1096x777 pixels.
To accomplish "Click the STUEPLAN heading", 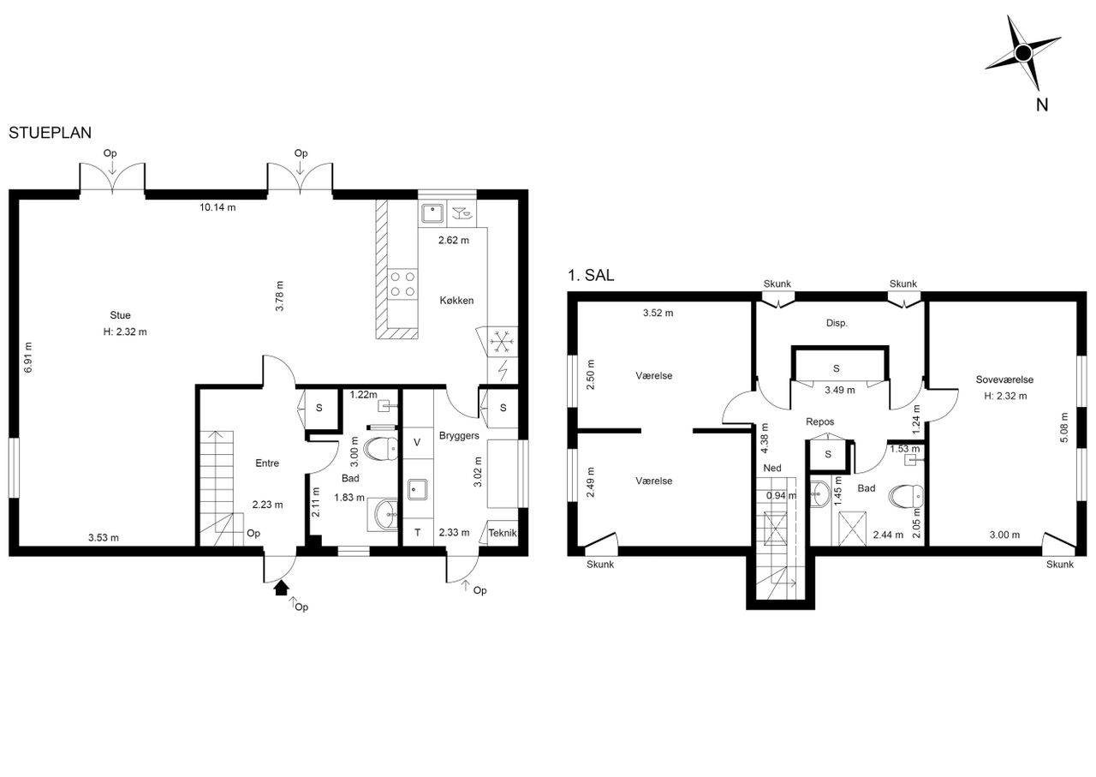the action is tap(50, 133).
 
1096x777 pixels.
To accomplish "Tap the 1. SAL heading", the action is tap(591, 275).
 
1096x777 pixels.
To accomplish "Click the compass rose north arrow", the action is tap(1022, 53).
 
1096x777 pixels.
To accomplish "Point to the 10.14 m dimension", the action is tap(217, 207).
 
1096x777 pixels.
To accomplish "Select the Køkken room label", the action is tap(456, 301).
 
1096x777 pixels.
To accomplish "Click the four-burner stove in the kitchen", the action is tap(402, 284).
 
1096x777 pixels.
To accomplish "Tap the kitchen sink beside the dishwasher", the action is tap(432, 213).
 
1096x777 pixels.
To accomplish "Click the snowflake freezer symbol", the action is tap(501, 341).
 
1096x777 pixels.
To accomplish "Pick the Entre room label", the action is tap(267, 463).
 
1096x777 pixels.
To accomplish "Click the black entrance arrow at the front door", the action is tap(282, 588).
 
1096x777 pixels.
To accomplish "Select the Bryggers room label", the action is tap(459, 436).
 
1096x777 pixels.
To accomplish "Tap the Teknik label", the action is tap(503, 533).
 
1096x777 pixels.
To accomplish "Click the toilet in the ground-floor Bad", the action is tap(382, 449).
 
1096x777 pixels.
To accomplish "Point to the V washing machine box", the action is tap(417, 443).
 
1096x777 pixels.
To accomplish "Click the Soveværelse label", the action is tap(1004, 380).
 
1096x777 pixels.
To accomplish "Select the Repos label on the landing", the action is tap(820, 421).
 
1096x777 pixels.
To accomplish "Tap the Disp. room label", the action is tap(837, 323).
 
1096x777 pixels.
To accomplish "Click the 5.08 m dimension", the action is tap(1064, 427).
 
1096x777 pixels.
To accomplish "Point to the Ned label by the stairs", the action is tap(772, 468).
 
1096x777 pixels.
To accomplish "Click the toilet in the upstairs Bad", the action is tap(906, 496).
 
